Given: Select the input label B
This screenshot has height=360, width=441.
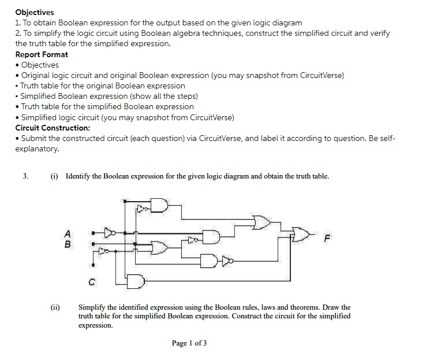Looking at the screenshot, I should click(x=68, y=244).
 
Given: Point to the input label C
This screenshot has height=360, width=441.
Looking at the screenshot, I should click(x=92, y=282).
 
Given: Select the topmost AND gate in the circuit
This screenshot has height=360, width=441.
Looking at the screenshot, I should click(x=159, y=206).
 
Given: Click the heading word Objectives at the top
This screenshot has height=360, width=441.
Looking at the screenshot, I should click(x=35, y=12).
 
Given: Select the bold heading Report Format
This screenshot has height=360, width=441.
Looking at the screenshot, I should click(x=42, y=54).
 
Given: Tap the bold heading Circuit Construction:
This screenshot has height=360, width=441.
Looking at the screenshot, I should click(x=53, y=128).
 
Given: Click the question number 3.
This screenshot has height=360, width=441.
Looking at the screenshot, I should click(x=25, y=176).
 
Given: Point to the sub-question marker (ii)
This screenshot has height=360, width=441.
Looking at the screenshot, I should click(x=56, y=307).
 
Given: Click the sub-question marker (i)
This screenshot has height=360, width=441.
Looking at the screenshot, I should click(x=54, y=176).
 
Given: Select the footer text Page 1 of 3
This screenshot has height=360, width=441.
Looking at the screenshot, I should click(x=189, y=343).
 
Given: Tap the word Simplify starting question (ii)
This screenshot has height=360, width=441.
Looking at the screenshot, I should click(x=92, y=307).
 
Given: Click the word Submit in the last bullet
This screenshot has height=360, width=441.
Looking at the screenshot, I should click(x=34, y=139).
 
